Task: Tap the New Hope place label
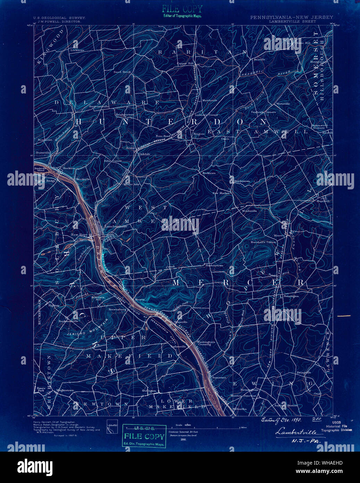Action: coord(79,235)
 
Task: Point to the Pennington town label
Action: coord(291,296)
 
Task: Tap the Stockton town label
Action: coord(69,168)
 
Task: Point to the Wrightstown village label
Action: coord(65,390)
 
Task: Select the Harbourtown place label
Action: coord(215,265)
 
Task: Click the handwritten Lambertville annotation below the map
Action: coord(294,432)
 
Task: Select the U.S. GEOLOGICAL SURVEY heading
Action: coord(59,17)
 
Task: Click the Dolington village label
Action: coord(149,391)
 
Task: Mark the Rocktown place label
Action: coord(209,173)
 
